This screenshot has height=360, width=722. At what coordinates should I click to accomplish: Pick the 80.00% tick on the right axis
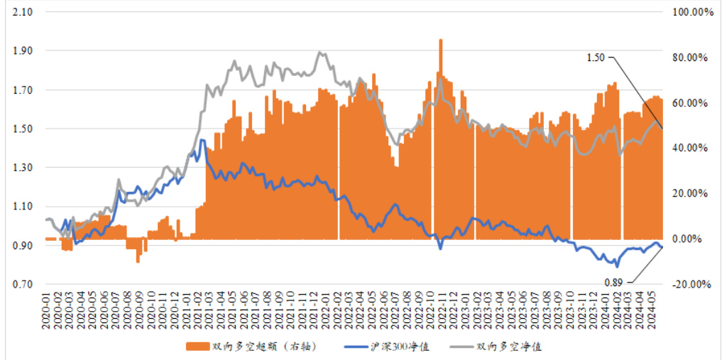(691, 58)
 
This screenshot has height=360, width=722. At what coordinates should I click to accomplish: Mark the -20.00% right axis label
(691, 285)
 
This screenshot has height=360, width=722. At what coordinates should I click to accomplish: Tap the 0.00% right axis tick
(694, 239)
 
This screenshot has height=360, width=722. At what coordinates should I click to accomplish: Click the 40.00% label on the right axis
(691, 148)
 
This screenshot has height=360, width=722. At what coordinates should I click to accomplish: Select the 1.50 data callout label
(596, 58)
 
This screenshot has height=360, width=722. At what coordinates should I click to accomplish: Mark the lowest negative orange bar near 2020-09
(138, 260)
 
